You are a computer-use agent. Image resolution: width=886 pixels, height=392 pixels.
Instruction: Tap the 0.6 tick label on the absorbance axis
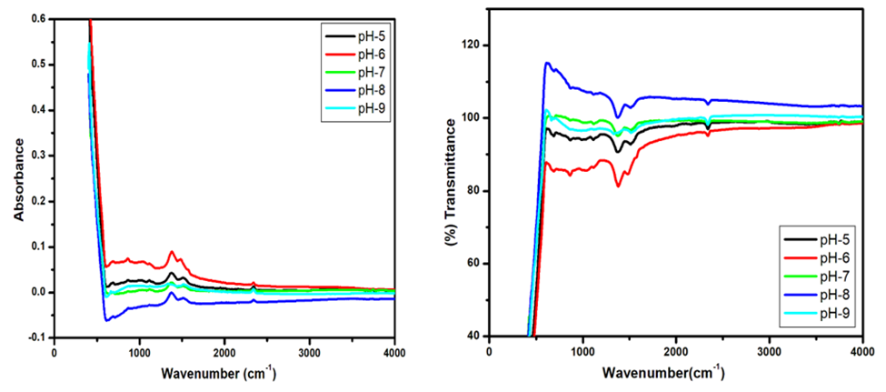click(x=39, y=18)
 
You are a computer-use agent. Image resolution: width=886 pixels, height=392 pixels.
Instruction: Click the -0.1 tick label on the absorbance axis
click(x=37, y=337)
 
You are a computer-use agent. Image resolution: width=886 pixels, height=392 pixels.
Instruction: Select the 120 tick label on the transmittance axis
click(x=472, y=45)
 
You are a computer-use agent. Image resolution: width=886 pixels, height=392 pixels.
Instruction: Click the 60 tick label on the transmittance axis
click(x=474, y=264)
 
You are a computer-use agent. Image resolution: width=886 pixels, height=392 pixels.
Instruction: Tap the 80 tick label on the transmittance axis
click(x=474, y=191)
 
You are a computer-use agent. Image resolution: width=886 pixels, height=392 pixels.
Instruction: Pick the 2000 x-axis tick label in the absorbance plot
click(x=224, y=352)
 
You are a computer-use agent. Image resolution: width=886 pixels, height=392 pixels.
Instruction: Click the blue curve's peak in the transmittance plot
click(x=547, y=63)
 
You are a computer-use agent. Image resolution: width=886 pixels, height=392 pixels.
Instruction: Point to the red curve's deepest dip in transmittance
click(x=618, y=186)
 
